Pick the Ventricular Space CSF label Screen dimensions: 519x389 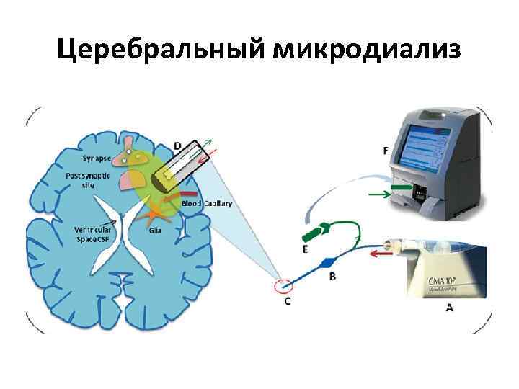click(92, 234)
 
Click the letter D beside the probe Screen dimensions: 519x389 click(177, 146)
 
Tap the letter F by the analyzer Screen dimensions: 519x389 click(386, 151)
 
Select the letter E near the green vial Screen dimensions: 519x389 click(305, 249)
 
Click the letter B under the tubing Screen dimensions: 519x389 click(332, 275)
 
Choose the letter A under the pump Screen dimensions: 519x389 click(450, 307)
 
